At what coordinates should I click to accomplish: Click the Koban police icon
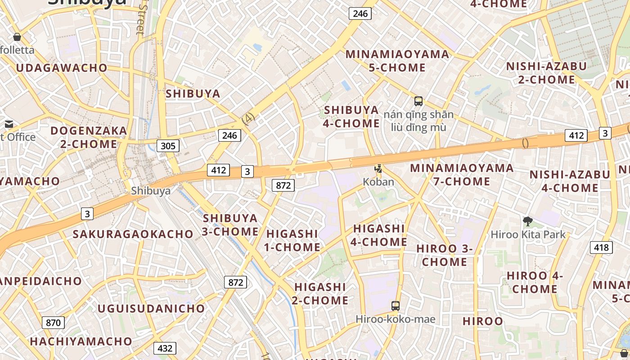[x=379, y=169]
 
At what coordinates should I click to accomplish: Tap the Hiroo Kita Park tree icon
[x=528, y=221]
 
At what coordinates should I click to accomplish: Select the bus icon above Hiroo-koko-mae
[x=395, y=306]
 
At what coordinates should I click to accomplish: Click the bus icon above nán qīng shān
[x=418, y=101]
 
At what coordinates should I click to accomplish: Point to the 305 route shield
[x=168, y=145]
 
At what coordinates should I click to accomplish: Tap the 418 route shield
[x=601, y=247]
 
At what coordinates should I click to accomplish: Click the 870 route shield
[x=53, y=322]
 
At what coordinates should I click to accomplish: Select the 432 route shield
[x=165, y=348]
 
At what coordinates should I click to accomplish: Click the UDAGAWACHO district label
[x=62, y=68]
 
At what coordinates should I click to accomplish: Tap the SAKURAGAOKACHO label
[x=133, y=234]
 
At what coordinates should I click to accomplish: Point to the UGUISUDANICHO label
[x=151, y=309]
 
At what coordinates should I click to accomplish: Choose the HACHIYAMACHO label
[x=81, y=342]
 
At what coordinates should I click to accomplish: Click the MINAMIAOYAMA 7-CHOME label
[x=462, y=175]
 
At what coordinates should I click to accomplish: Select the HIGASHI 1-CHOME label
[x=292, y=240]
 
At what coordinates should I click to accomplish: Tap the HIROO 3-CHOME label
[x=445, y=255]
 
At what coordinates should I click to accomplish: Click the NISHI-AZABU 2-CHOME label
[x=546, y=73]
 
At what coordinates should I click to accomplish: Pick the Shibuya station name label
[x=151, y=191]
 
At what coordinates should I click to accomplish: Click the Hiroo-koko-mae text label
[x=396, y=319]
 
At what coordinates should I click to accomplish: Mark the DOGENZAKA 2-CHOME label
[x=89, y=137]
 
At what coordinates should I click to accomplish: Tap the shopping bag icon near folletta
[x=17, y=37]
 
